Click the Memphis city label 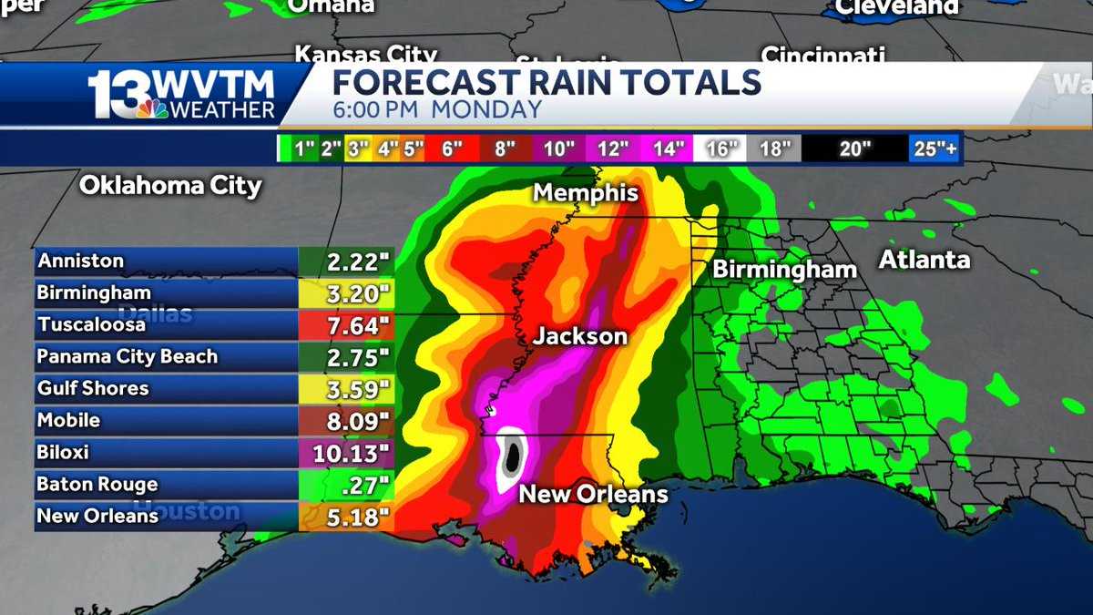586,193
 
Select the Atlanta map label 924,261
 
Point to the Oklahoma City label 170,186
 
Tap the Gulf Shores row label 93,388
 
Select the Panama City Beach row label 128,356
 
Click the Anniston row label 80,261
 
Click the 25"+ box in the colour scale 935,149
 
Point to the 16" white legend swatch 720,149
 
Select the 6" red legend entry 451,149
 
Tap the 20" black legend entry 855,149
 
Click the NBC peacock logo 153,108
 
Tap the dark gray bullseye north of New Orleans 512,456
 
